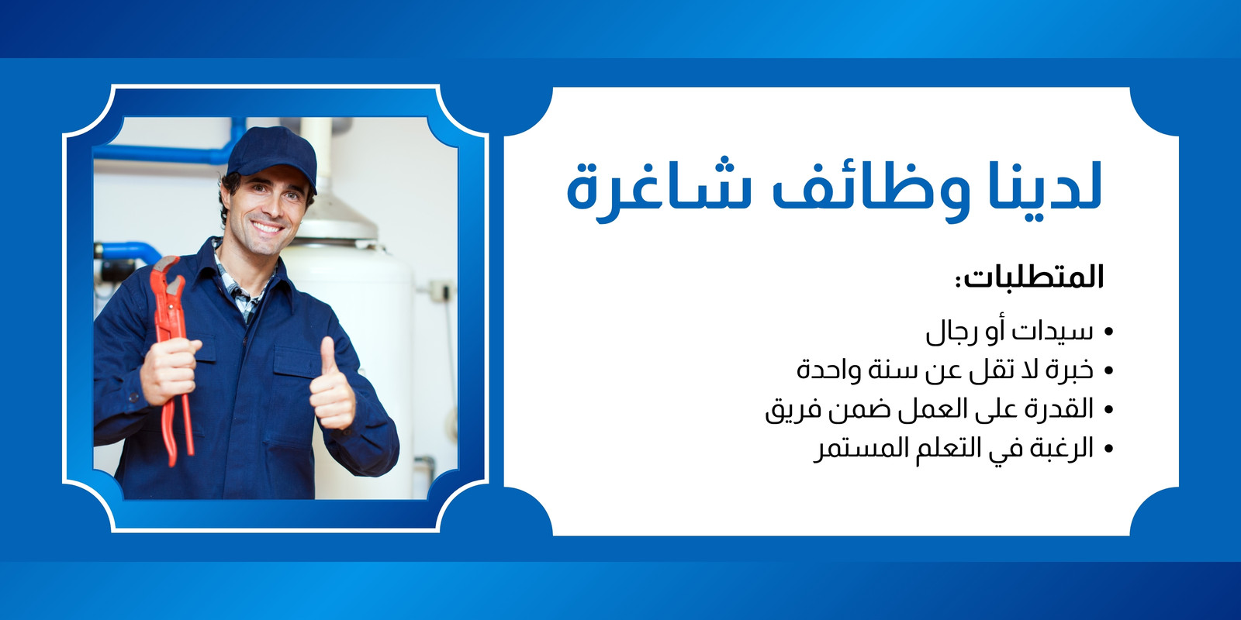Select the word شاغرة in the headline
[656, 191]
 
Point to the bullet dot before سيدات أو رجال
[1108, 332]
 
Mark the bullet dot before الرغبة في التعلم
[1108, 449]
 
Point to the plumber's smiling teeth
[267, 227]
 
